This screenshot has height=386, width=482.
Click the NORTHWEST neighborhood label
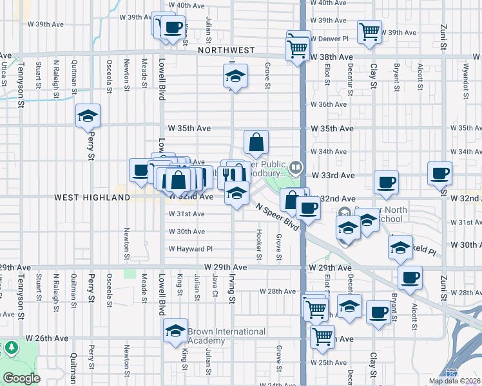(x=226, y=50)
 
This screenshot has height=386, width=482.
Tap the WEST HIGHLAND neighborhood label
(x=92, y=198)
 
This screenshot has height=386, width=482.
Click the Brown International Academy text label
(x=226, y=336)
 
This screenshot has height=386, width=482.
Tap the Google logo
(x=21, y=378)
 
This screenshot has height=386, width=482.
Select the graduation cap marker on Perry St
(x=88, y=116)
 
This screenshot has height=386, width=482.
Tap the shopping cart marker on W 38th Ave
(x=297, y=48)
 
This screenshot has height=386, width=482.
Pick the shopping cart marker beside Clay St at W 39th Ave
(x=369, y=32)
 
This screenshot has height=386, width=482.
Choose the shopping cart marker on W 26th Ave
(x=322, y=336)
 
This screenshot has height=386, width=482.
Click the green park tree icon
(x=11, y=348)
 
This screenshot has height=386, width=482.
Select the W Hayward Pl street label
(x=190, y=249)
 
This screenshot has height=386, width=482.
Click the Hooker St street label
(x=259, y=245)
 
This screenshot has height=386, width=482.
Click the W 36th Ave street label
(x=329, y=104)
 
